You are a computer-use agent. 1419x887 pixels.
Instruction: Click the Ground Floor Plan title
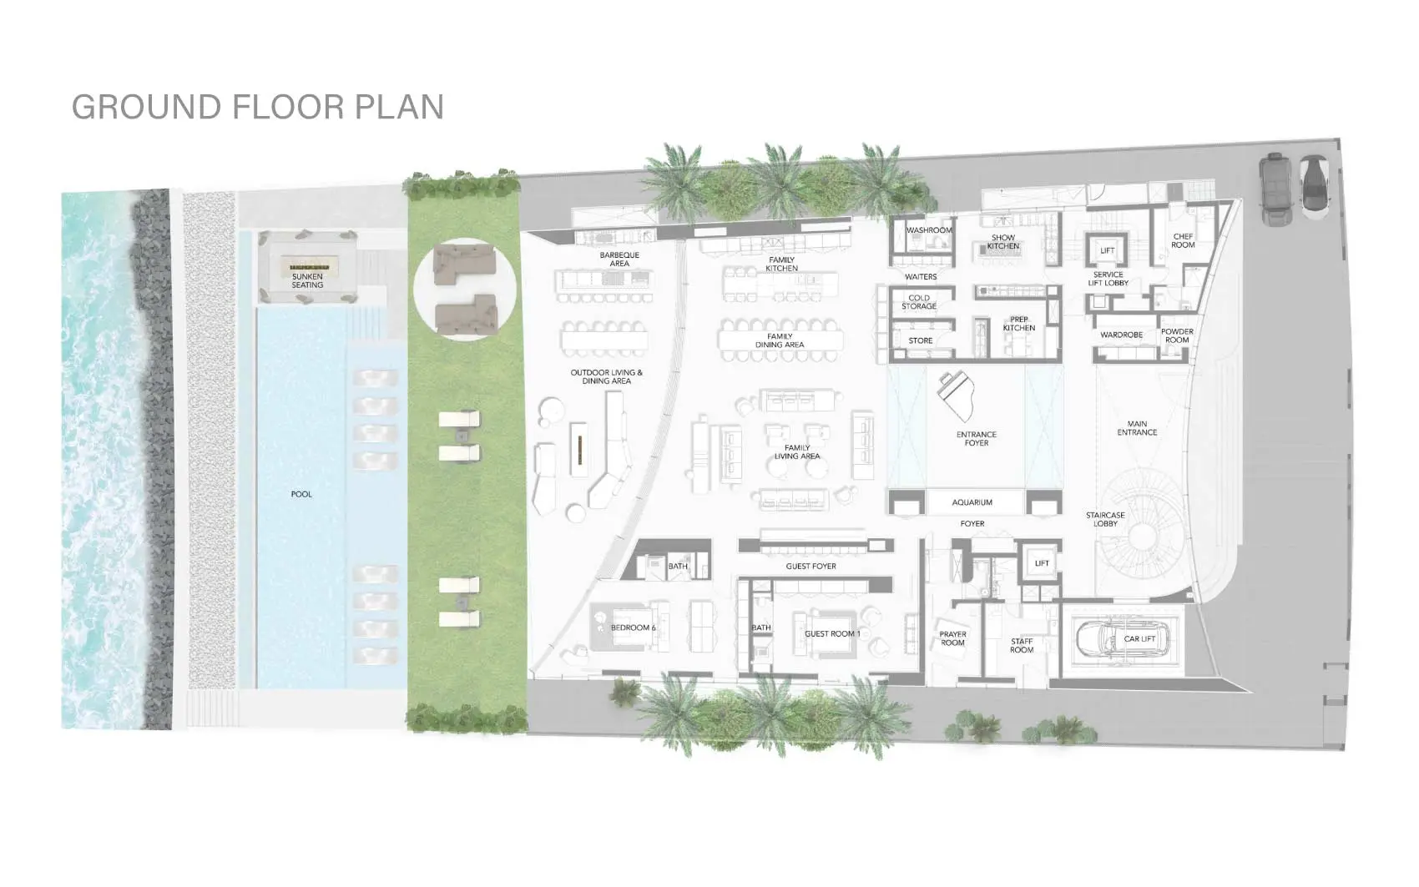[258, 106]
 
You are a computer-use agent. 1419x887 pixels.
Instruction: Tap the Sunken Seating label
[307, 280]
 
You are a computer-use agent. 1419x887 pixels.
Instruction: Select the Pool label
[301, 494]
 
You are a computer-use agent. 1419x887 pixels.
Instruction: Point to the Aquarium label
[972, 502]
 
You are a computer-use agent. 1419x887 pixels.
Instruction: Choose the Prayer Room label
[952, 638]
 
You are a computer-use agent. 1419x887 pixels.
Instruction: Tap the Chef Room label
[1183, 240]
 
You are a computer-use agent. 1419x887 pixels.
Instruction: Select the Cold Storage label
[919, 302]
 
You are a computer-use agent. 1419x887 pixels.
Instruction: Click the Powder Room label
[1177, 335]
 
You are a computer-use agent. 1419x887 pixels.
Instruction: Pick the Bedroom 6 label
[633, 627]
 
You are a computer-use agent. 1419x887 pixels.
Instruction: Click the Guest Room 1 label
[832, 633]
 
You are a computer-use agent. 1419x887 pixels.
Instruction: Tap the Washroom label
[929, 229]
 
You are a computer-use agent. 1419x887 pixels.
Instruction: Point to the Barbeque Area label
[619, 259]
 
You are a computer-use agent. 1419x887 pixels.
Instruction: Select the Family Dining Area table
[780, 340]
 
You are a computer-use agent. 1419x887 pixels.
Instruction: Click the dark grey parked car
[1275, 189]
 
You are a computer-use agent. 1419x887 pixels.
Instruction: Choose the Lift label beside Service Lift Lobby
[1108, 250]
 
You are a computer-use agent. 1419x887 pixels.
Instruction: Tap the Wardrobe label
[1121, 335]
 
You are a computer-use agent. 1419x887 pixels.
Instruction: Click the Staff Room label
[1022, 645]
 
